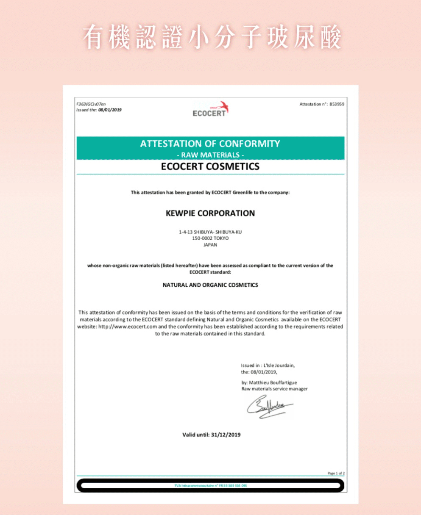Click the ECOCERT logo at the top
[210, 109]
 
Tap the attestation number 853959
[337, 104]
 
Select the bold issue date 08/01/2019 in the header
[110, 110]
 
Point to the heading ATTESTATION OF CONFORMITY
[210, 144]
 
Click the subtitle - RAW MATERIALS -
[210, 155]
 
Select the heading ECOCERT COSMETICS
[210, 166]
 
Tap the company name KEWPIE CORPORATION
[210, 213]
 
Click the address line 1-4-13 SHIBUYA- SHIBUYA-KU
[210, 232]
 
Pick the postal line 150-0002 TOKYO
[210, 238]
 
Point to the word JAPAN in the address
[210, 245]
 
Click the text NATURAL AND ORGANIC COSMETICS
[210, 285]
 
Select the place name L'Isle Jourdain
[279, 365]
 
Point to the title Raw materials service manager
[274, 389]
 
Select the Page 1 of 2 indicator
[336, 473]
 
